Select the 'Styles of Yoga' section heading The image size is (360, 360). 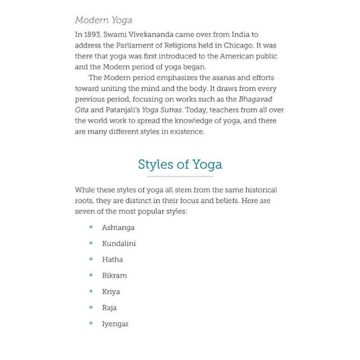[x=180, y=164]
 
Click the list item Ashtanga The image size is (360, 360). [x=118, y=228]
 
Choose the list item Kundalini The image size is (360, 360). [x=119, y=243]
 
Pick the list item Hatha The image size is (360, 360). [x=112, y=260]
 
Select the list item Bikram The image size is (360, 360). [x=114, y=275]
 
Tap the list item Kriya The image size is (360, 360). [x=111, y=292]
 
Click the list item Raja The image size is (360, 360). [x=109, y=308]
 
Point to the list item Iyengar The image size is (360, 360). [x=115, y=324]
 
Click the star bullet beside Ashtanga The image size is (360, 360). [x=91, y=227]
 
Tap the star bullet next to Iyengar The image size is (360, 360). [x=91, y=323]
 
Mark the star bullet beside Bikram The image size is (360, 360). [x=91, y=275]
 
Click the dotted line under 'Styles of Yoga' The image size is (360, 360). [x=180, y=176]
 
